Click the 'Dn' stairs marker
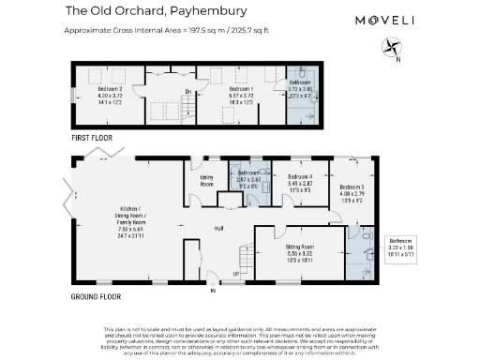point(187,90)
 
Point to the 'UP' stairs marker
point(236,274)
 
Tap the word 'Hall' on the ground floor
point(218,228)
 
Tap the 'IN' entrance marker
point(213,292)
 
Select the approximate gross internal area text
point(154,30)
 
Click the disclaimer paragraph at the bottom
point(239,339)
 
